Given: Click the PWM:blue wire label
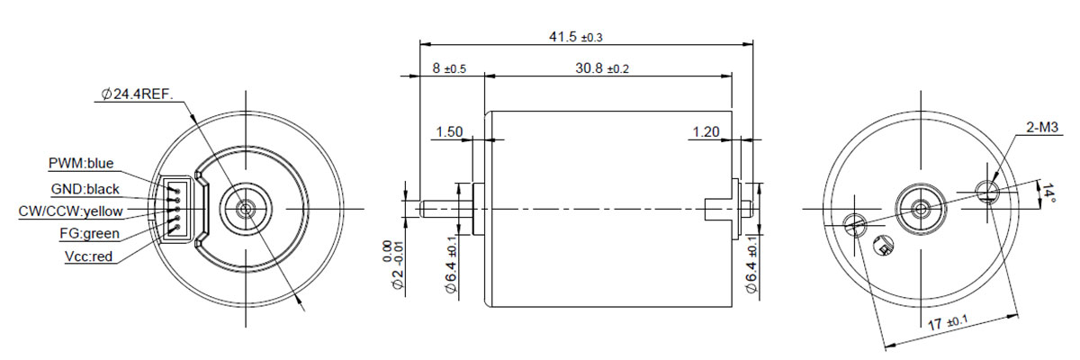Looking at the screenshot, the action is coord(81,164).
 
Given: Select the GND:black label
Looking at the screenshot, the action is coord(85,189).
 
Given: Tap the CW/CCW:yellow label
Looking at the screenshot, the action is coord(70,211).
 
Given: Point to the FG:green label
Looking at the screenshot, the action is coord(89,234).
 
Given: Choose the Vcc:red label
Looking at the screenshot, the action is coord(88,256).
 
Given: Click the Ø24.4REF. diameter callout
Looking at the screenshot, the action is coord(137,94).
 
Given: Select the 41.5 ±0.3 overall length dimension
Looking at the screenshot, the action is coord(576,37).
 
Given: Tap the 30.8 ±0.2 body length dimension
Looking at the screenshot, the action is coord(602,68).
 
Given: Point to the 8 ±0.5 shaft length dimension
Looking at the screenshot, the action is coord(449,68).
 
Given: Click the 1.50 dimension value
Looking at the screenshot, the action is coord(449,131).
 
